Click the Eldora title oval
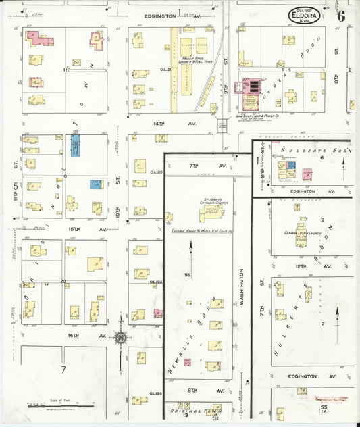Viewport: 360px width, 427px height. point(305,15)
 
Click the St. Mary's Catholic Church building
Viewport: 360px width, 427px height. point(211,214)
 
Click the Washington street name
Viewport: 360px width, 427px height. point(242,291)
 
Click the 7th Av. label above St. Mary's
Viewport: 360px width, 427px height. point(199,166)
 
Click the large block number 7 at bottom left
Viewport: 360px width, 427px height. point(63,370)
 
